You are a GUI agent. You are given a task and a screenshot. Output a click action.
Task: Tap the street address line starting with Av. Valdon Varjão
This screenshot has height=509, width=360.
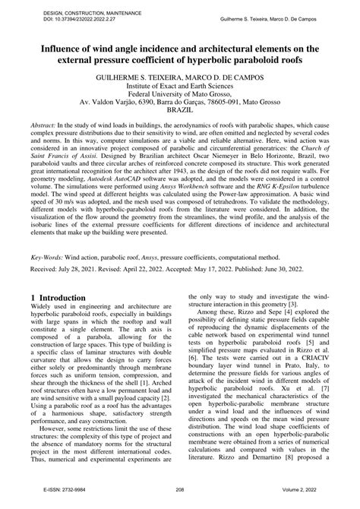click(179, 108)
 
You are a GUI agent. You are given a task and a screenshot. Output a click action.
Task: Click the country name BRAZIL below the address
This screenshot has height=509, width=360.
click(179, 118)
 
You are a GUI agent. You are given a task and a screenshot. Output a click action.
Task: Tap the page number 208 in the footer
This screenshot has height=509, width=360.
click(180, 501)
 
